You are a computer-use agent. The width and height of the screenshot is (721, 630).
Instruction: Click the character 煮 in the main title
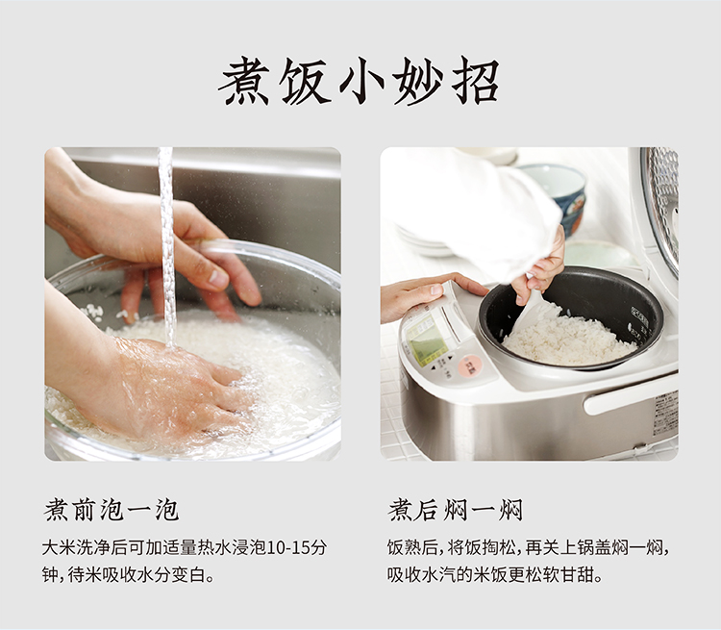(244, 81)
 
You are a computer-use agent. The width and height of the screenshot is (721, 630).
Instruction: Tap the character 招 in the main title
(476, 81)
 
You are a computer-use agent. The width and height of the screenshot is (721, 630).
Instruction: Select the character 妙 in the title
(418, 81)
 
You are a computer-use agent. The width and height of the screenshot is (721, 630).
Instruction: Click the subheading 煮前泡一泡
(112, 510)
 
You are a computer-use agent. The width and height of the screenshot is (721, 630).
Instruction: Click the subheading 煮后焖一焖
(456, 510)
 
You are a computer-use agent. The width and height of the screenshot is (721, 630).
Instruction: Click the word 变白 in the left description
(188, 574)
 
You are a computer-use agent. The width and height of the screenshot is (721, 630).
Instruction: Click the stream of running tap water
(167, 244)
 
